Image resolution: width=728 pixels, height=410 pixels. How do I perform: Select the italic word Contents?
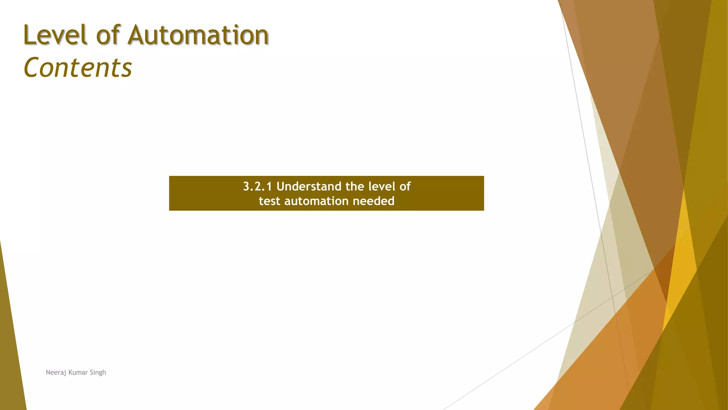click(78, 68)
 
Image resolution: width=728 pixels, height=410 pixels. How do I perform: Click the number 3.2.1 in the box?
click(257, 186)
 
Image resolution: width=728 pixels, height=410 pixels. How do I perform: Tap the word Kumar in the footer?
click(78, 372)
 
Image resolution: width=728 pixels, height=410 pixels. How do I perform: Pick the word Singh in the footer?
click(98, 373)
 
